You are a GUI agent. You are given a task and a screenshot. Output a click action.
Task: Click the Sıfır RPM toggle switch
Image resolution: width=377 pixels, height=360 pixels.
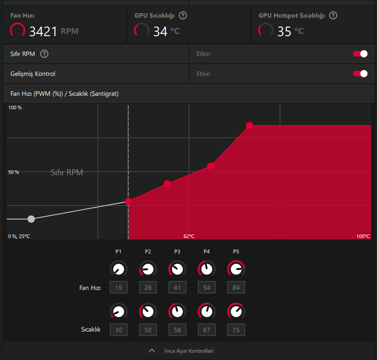point(360,54)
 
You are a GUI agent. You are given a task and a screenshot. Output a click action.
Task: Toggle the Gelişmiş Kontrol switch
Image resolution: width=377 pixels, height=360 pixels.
point(360,74)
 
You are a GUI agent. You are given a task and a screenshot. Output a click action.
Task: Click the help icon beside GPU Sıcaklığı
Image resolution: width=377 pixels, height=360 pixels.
point(183,15)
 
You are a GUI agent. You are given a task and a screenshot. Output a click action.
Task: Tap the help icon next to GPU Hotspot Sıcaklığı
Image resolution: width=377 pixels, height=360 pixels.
point(333,15)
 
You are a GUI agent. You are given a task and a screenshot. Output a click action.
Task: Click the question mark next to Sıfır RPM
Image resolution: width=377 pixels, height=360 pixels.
point(44,54)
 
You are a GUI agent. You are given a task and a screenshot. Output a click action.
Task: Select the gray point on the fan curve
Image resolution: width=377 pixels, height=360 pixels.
point(31,219)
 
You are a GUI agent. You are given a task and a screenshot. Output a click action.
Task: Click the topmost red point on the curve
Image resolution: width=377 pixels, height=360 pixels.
point(249,125)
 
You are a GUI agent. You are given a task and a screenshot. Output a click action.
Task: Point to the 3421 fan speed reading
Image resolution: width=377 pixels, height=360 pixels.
point(43,31)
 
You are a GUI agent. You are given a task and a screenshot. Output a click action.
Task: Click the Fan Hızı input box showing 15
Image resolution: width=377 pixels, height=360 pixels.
point(118,287)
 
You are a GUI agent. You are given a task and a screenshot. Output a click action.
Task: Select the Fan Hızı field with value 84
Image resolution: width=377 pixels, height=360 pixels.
point(236,287)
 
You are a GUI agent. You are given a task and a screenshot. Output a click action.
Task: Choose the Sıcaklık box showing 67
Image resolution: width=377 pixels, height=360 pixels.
point(207,330)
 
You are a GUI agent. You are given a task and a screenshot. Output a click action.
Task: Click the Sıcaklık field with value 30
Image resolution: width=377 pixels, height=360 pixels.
point(118,330)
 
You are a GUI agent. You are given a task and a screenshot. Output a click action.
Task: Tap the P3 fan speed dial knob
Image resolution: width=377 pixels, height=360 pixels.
point(177,269)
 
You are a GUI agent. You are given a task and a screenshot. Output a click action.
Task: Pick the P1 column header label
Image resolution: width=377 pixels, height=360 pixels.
point(118,251)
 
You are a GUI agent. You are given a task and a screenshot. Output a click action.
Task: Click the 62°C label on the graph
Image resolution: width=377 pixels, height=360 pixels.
point(189,236)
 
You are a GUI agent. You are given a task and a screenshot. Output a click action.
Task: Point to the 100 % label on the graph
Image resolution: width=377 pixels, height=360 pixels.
point(15,108)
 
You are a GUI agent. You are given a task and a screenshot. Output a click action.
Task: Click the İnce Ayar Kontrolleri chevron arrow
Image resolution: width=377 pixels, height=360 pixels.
point(152,351)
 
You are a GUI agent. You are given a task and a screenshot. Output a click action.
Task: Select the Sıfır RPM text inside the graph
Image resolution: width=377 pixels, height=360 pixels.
point(67,173)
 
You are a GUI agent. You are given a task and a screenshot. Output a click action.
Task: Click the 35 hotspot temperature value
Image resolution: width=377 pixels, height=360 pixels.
point(284,31)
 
